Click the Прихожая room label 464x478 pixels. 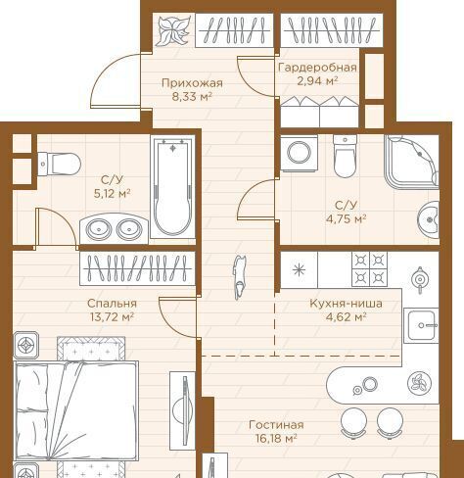192,83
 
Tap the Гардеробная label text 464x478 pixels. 317,68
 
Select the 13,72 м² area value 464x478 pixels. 112,316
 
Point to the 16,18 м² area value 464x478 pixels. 276,438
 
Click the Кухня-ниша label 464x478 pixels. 346,304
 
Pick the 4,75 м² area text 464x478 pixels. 346,218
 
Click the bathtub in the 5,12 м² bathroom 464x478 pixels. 172,187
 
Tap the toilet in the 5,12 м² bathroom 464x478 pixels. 59,164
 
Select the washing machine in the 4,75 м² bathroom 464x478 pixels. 299,153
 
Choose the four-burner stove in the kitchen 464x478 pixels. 369,269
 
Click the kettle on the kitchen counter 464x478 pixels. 419,279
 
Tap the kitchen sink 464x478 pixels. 421,325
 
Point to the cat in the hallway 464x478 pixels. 239,277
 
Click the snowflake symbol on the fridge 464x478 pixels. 299,270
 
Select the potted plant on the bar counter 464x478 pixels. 419,383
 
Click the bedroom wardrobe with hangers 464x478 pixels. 137,268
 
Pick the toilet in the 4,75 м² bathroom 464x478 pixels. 346,157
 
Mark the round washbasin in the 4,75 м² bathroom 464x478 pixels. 429,218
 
